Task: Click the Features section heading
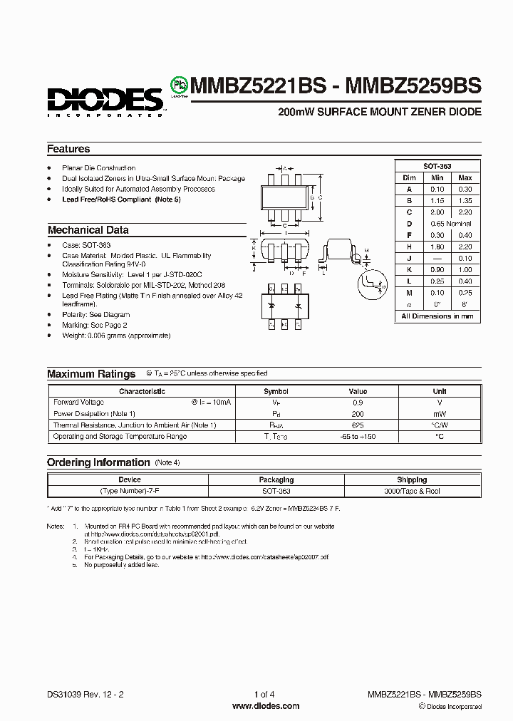coord(68,149)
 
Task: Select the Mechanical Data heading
coord(88,230)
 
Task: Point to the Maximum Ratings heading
coord(91,373)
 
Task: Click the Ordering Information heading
coord(98,462)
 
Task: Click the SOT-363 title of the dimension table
coord(437,165)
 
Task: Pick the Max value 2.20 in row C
coord(465,212)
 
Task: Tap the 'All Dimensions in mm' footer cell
coord(437,316)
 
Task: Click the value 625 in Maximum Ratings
coord(358,425)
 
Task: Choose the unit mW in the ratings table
coord(440,414)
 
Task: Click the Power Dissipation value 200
coord(358,414)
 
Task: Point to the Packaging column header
coord(276,480)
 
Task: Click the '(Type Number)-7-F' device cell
coord(129,492)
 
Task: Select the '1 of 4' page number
coord(264,695)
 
